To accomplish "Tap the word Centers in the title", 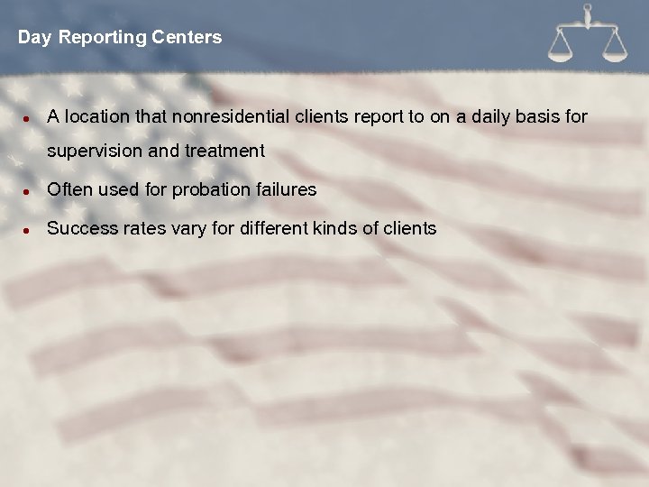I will click(187, 38).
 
